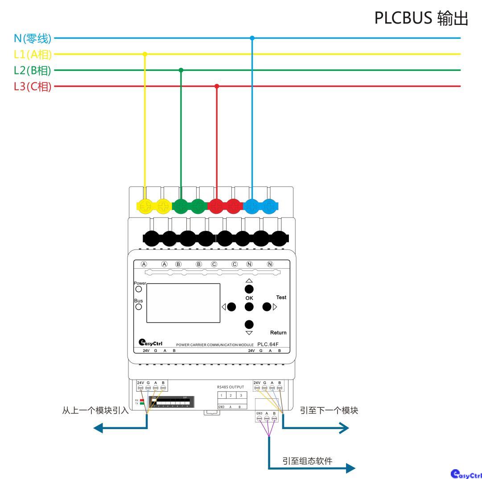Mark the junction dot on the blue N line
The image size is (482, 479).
252,38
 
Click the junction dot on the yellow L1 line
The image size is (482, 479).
144,54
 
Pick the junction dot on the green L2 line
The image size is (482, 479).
181,70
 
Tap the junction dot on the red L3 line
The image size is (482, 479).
217,86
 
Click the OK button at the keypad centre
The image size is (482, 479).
249,307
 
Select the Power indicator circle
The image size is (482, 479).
139,289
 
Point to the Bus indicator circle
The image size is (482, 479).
139,307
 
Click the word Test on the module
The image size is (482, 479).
281,297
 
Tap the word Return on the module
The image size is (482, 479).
278,332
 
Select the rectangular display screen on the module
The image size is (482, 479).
183,303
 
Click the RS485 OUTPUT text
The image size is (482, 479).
231,387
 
